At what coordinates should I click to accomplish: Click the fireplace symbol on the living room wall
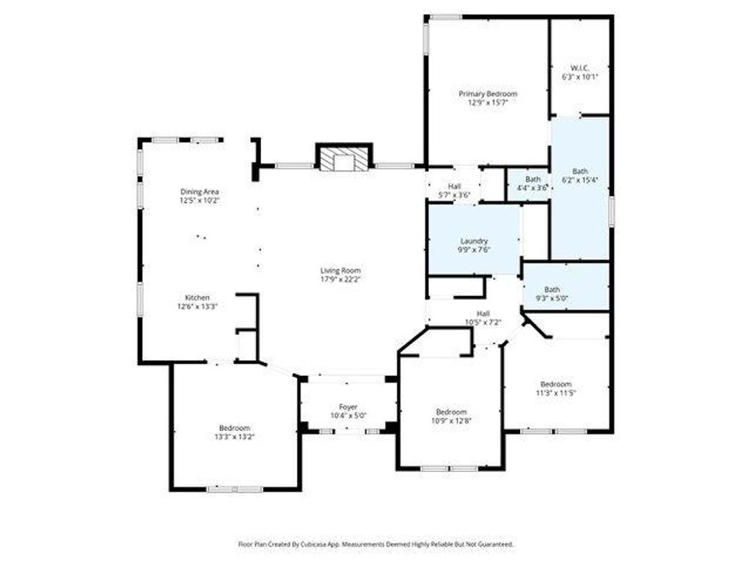[x=344, y=157]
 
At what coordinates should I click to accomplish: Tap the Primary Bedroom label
[x=488, y=94]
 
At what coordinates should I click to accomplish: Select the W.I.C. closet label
[x=579, y=67]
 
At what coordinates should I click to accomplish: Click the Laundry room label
[x=474, y=240]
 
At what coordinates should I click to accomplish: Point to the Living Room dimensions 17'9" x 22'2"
[x=340, y=279]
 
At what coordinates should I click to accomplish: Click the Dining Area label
[x=199, y=192]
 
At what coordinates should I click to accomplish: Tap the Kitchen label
[x=197, y=298]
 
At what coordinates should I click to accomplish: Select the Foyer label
[x=348, y=407]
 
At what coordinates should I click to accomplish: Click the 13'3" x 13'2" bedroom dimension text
[x=235, y=437]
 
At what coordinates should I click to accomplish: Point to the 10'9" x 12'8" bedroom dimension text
[x=451, y=421]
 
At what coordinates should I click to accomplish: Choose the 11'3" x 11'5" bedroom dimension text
[x=556, y=393]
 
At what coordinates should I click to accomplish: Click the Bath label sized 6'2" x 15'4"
[x=580, y=172]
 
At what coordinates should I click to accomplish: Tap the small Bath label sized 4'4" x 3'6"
[x=532, y=180]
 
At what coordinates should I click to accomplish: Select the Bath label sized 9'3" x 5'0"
[x=552, y=290]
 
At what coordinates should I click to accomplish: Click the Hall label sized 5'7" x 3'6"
[x=455, y=185]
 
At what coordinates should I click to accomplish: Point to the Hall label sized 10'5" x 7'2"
[x=483, y=314]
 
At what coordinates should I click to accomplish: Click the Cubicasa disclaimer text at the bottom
[x=376, y=545]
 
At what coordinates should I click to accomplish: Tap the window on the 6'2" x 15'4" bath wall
[x=612, y=211]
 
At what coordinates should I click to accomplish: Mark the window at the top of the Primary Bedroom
[x=445, y=18]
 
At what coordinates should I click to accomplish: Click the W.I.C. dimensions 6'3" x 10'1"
[x=579, y=76]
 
